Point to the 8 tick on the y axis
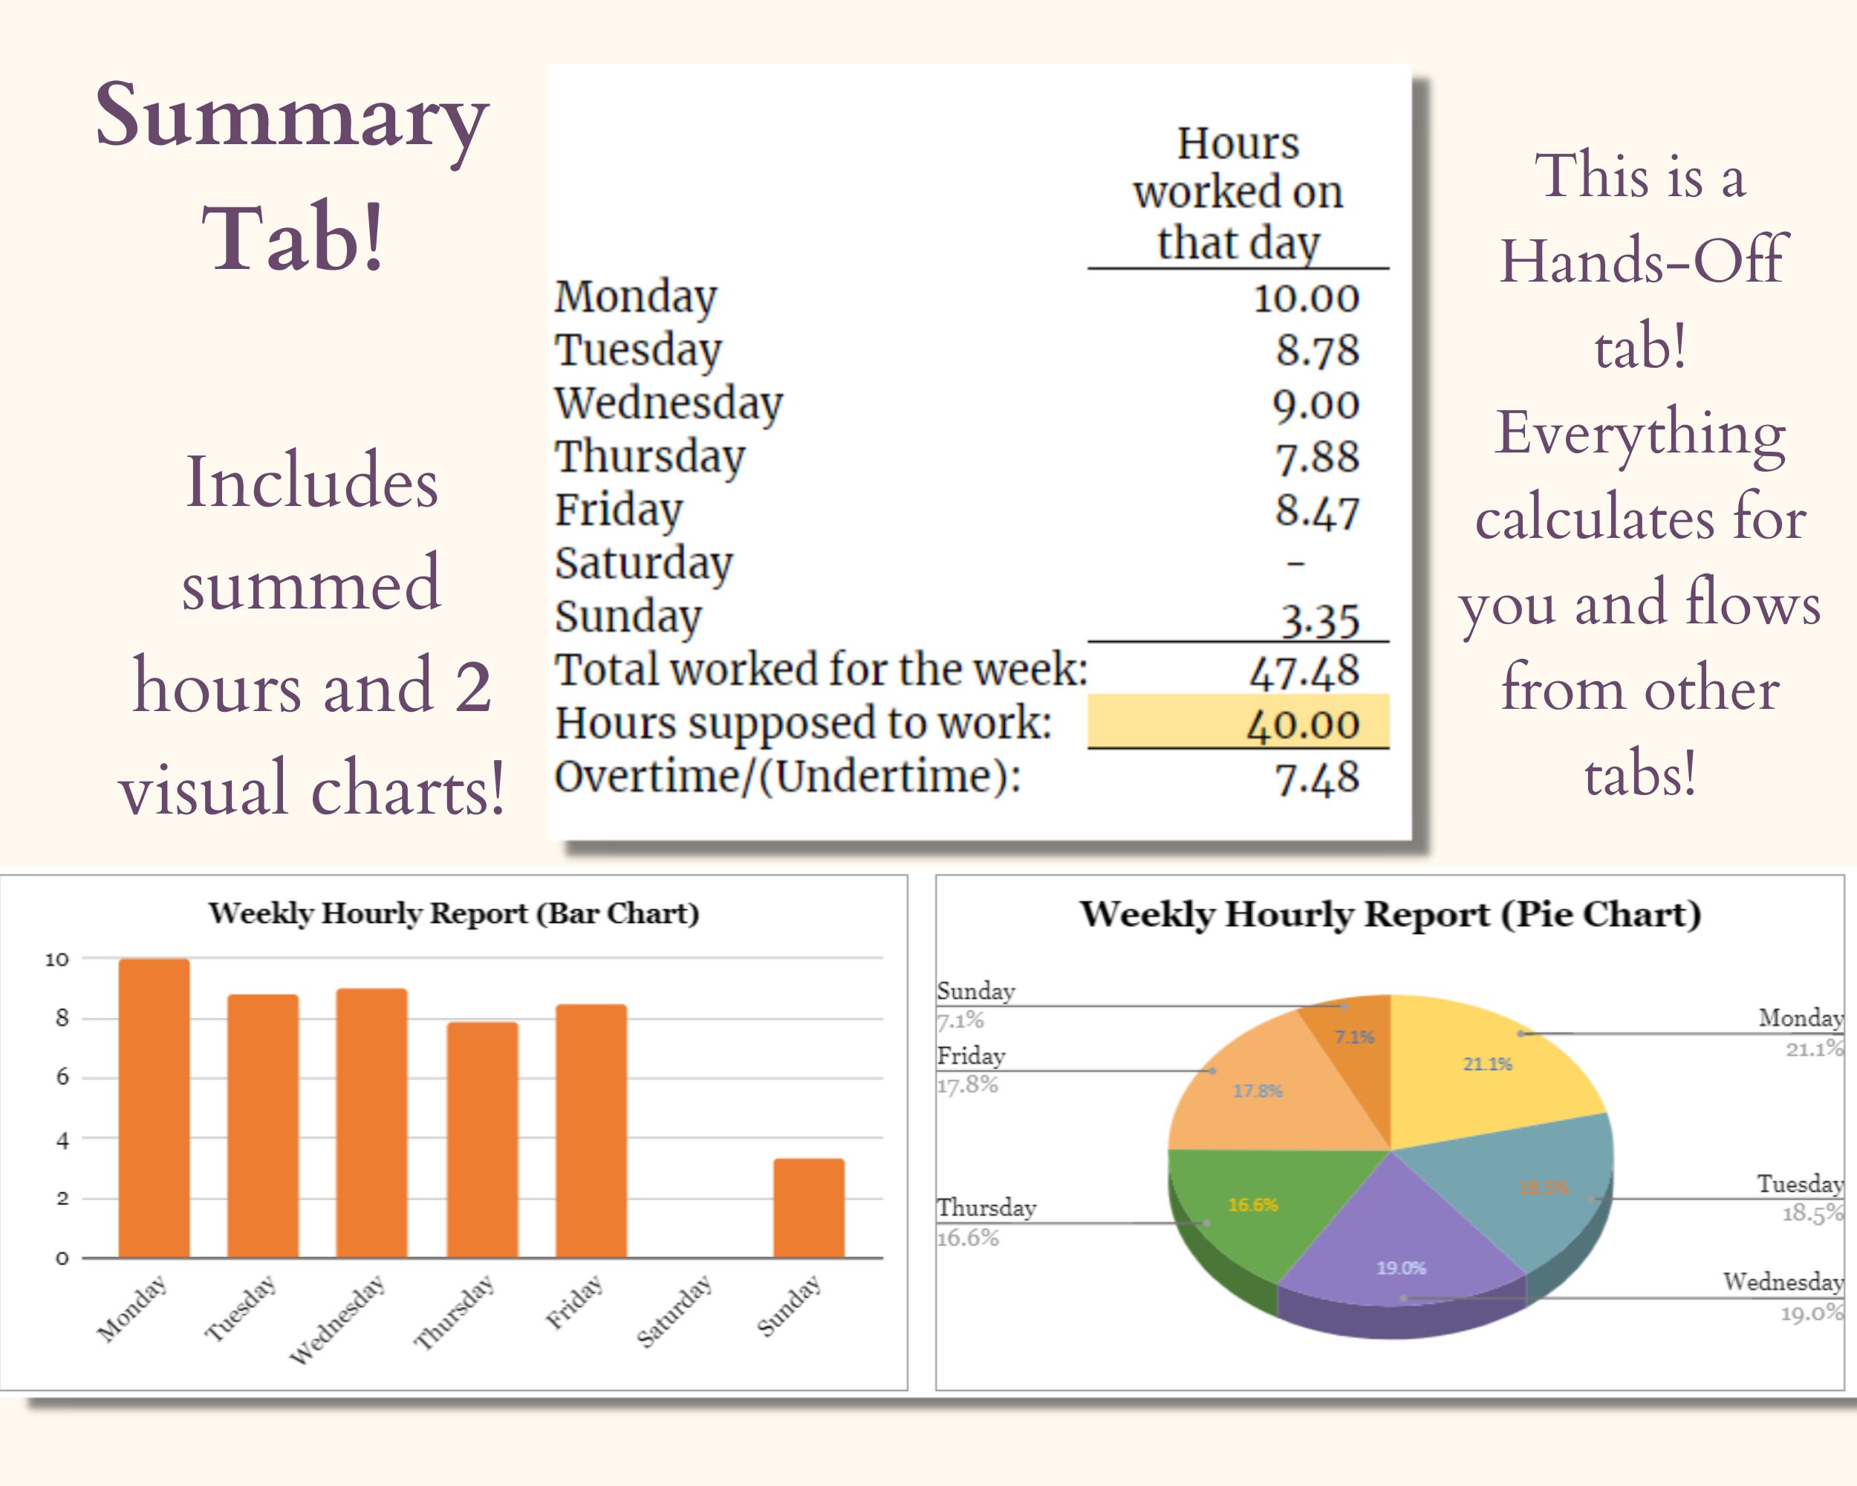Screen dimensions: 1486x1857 62,1018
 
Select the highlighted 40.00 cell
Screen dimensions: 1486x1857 1238,722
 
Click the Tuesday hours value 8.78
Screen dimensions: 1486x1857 1317,350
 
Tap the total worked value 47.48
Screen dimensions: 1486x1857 1304,671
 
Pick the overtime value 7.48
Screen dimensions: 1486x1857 1317,777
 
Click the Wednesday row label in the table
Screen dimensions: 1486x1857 669,403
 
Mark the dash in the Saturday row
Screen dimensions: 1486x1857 1295,563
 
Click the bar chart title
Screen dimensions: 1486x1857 453,913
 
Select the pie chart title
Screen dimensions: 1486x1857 1391,914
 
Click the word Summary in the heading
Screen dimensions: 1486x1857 291,117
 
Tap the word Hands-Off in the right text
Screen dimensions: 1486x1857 1642,260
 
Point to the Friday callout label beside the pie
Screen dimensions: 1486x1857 971,1055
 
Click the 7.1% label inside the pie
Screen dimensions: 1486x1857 1354,1037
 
